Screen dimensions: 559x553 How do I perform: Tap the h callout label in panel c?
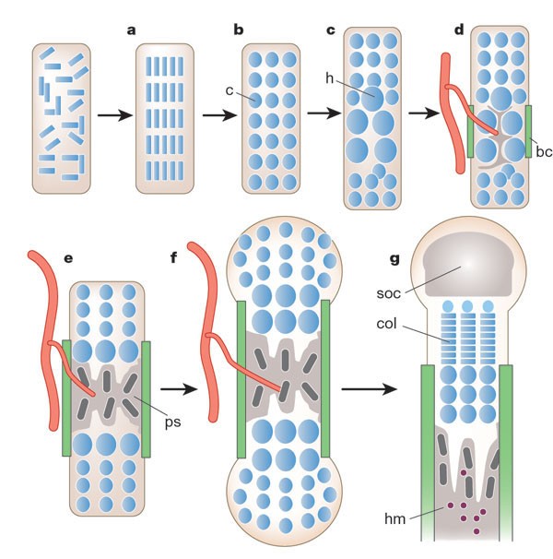pyautogui.click(x=329, y=78)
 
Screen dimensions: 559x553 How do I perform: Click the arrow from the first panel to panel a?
pyautogui.click(x=114, y=115)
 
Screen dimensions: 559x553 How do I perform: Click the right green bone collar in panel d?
pyautogui.click(x=529, y=130)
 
